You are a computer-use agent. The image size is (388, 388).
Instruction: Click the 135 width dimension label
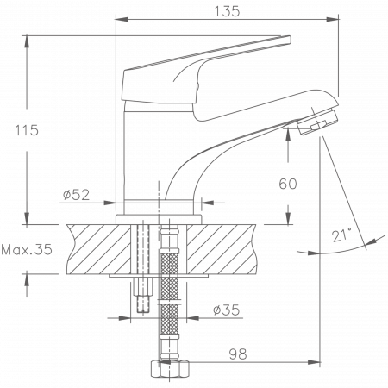coord(227,10)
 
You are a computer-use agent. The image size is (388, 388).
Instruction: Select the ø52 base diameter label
coord(78,195)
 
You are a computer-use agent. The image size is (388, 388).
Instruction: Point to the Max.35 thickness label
coord(26,250)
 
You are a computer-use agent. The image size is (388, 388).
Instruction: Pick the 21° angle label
coord(342,235)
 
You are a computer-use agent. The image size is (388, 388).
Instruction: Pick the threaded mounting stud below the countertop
coord(141,297)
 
